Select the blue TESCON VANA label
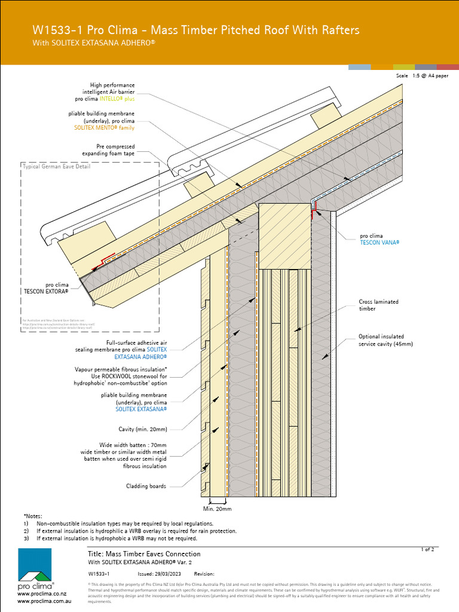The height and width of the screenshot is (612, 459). [x=379, y=243]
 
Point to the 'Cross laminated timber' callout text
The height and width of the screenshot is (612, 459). [x=378, y=305]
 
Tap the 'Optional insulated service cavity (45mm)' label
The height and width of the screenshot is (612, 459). [x=385, y=340]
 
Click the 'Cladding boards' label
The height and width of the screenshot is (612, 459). [x=146, y=486]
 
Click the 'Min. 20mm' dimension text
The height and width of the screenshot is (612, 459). [x=217, y=509]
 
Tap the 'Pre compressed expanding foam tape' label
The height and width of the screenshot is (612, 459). [x=115, y=150]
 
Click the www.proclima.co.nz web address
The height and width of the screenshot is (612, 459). [x=38, y=594]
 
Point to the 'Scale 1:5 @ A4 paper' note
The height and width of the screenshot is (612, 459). [x=422, y=76]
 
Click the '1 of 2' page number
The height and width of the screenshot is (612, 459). [x=428, y=549]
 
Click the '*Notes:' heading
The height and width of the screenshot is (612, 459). [x=33, y=515]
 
